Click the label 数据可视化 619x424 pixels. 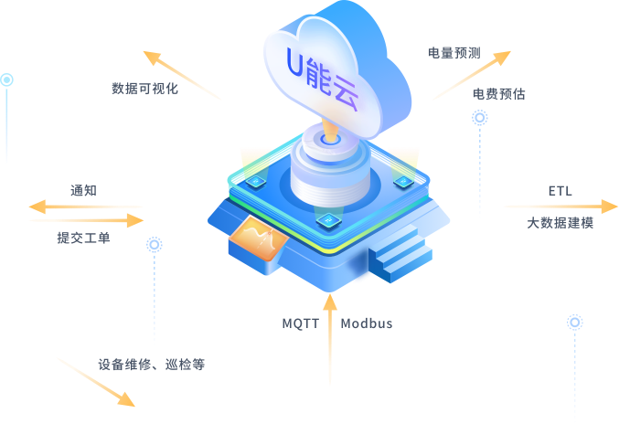click(144, 90)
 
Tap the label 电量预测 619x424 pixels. click(454, 53)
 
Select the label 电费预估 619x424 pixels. click(498, 94)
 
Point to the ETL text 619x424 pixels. click(560, 191)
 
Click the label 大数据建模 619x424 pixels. click(560, 222)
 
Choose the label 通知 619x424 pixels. click(83, 191)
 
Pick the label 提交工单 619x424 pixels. click(83, 238)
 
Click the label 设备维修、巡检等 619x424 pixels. click(151, 364)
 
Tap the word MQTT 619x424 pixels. click(300, 323)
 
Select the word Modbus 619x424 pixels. click(367, 323)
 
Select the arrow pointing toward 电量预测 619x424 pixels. click(471, 75)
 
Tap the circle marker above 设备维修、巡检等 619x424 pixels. click(155, 244)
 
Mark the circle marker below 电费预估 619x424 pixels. click(480, 117)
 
